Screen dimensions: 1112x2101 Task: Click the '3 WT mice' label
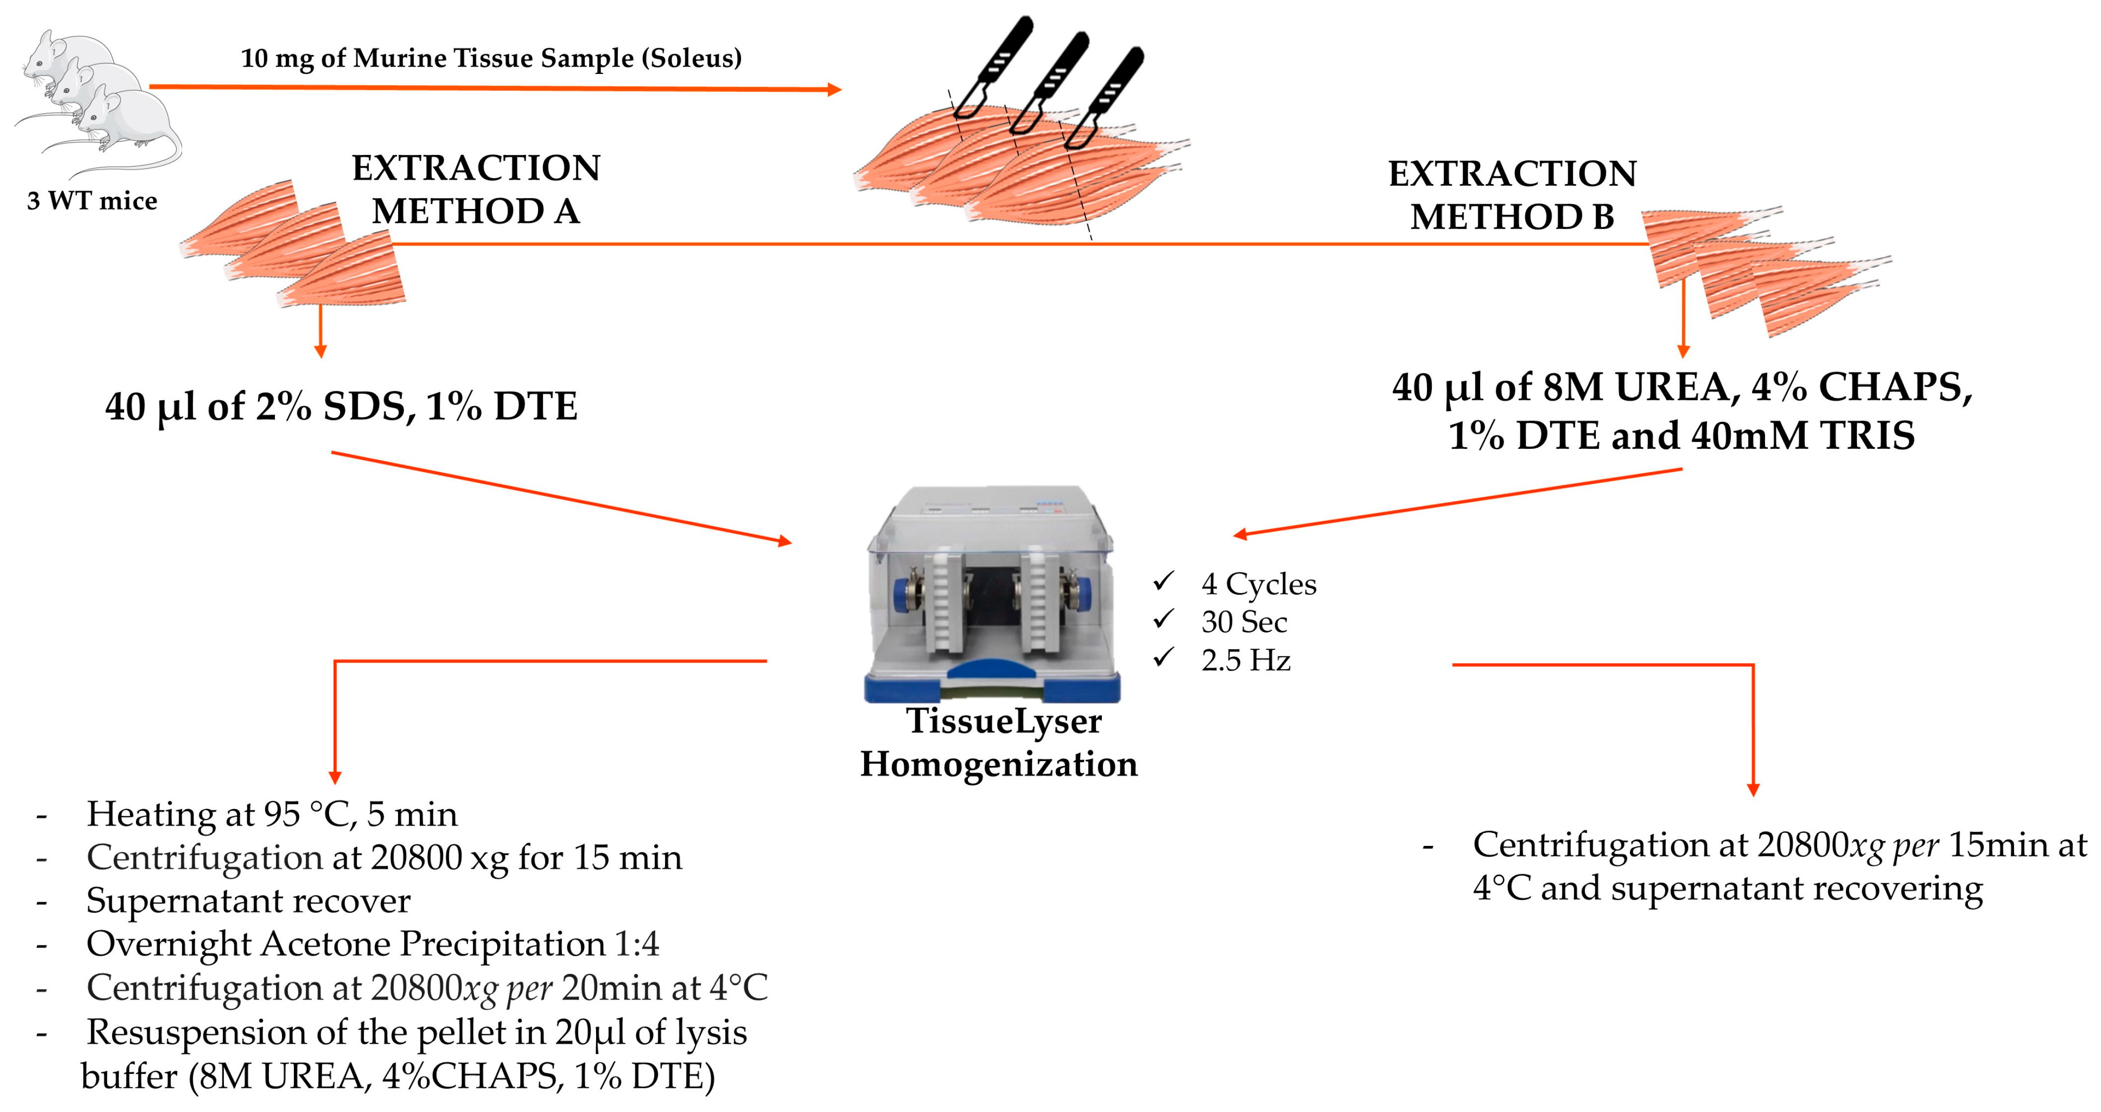[92, 201]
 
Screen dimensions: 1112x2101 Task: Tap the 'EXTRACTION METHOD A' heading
[476, 189]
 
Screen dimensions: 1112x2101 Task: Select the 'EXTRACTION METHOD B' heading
[1512, 195]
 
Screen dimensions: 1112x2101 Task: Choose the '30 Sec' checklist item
[1244, 623]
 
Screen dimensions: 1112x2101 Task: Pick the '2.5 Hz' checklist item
[1245, 660]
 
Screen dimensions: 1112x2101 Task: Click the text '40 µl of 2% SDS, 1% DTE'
[341, 406]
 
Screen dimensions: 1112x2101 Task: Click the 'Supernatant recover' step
[249, 901]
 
